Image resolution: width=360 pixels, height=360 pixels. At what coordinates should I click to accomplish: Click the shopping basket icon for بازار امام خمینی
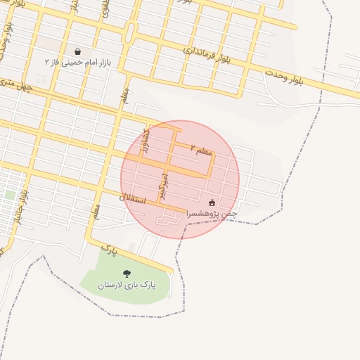click(77, 51)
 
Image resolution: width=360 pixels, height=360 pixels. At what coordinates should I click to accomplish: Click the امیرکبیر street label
click(165, 186)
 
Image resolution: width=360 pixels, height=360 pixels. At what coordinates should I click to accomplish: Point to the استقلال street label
click(131, 199)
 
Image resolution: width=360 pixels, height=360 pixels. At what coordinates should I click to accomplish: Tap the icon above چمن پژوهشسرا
click(212, 202)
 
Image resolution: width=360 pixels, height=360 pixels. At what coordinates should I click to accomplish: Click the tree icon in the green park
click(127, 274)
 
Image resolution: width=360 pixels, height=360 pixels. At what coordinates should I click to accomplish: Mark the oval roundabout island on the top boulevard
click(130, 32)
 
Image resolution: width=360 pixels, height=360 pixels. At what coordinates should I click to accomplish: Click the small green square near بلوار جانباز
click(10, 194)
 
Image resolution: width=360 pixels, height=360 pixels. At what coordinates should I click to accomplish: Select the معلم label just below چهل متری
click(124, 95)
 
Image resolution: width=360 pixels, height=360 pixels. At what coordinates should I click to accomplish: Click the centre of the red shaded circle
click(180, 180)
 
